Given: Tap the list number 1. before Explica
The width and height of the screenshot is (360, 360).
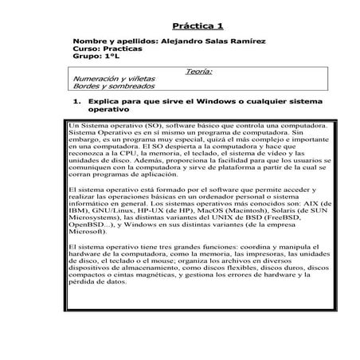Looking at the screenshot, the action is (77, 103).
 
